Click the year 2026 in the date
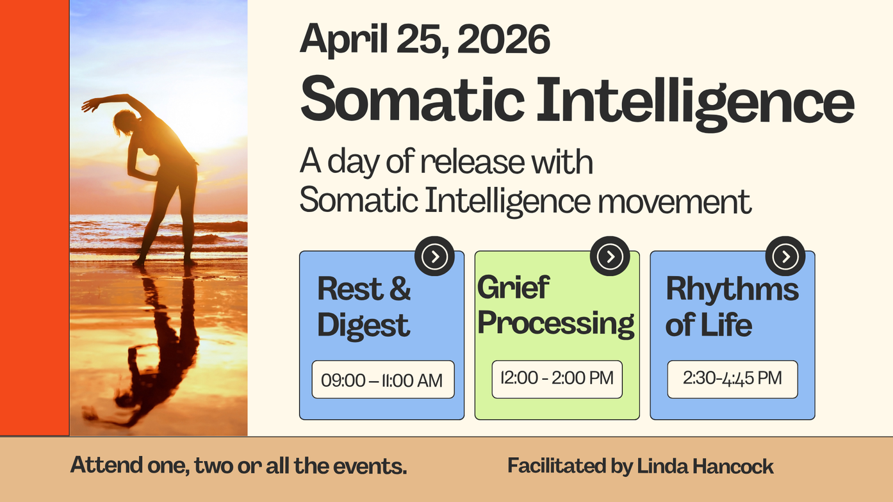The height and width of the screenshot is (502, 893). (x=504, y=39)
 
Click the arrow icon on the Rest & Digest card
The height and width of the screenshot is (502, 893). (x=434, y=256)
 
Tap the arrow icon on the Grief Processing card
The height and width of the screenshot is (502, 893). (x=610, y=256)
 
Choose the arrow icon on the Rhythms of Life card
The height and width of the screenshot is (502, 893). (x=785, y=256)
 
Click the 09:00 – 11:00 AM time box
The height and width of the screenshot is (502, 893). (x=383, y=380)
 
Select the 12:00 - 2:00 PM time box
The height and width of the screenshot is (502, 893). (x=557, y=379)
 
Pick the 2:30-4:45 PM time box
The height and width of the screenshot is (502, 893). (x=733, y=379)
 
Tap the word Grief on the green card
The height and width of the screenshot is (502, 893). (x=514, y=287)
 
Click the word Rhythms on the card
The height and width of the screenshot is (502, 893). (x=732, y=288)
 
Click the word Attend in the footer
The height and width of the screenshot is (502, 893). (x=106, y=465)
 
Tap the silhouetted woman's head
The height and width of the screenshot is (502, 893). (x=124, y=121)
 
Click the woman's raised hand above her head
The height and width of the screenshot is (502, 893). (x=89, y=105)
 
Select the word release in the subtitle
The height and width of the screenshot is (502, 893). (x=472, y=162)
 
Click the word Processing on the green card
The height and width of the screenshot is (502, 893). (x=556, y=323)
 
